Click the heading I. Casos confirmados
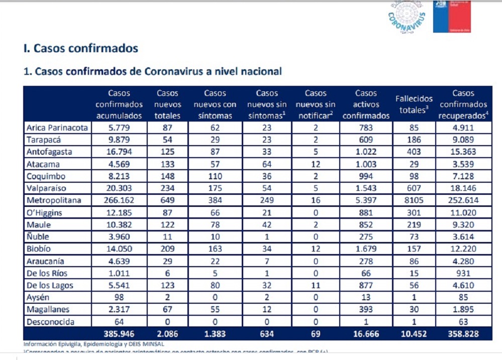(x=81, y=49)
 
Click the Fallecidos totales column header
(x=414, y=104)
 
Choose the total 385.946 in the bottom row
(x=119, y=333)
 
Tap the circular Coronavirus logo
(x=407, y=17)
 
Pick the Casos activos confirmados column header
(x=366, y=104)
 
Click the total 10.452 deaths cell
(x=414, y=333)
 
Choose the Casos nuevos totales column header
(x=168, y=104)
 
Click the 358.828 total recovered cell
(x=463, y=333)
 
